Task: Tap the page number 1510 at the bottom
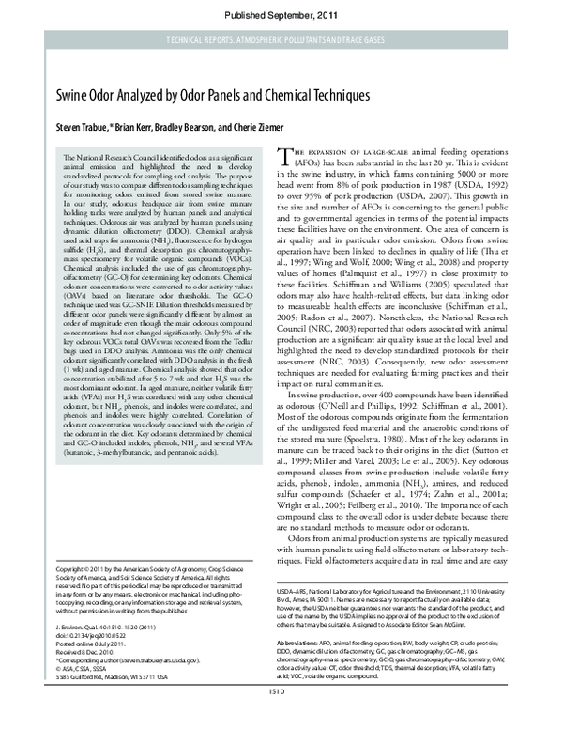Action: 275,718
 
